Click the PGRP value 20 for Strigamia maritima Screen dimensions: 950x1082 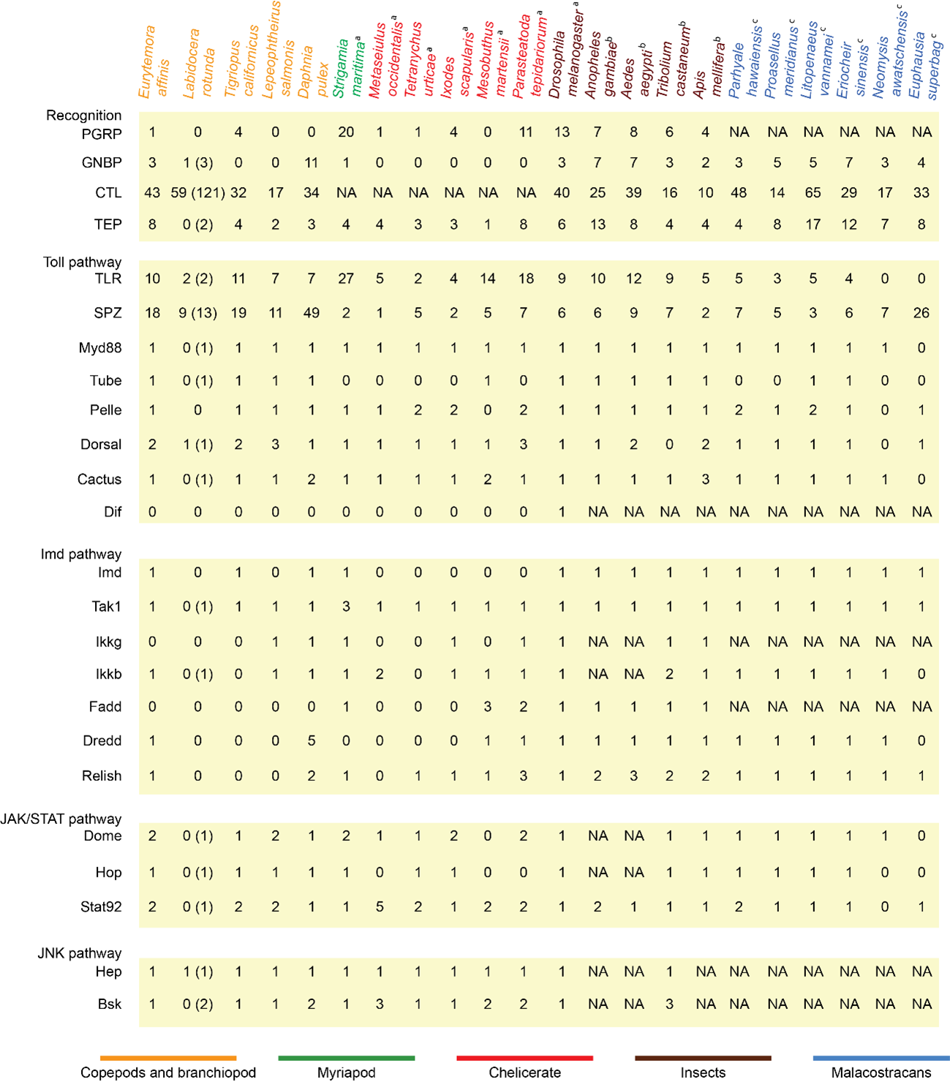(346, 132)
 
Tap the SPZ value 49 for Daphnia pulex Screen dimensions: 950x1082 (311, 313)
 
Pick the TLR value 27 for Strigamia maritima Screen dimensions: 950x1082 (346, 279)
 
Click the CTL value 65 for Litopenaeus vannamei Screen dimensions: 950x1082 (813, 193)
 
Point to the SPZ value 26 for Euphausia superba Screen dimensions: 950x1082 (921, 313)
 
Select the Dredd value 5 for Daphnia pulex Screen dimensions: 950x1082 (311, 741)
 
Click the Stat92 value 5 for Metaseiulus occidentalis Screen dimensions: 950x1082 (380, 907)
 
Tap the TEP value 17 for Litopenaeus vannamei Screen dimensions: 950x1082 (813, 224)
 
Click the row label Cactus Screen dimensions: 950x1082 (99, 480)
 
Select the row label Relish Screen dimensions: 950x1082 (102, 776)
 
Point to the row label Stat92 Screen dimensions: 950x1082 (101, 907)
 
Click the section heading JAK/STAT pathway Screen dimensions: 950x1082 (61, 820)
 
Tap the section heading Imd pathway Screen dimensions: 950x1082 (81, 554)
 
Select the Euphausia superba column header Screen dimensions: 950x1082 (924, 65)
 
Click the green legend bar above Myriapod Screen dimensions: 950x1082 (346, 1058)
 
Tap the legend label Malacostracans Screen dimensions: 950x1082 (881, 1072)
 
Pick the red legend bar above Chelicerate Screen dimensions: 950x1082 (524, 1058)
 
